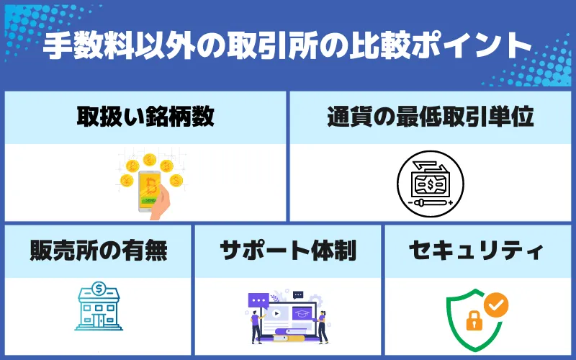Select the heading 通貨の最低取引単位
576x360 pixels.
(431, 117)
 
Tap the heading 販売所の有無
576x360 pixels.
(99, 251)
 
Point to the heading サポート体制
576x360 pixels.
(288, 251)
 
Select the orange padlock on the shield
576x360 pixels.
(473, 321)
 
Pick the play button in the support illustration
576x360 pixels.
(276, 315)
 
